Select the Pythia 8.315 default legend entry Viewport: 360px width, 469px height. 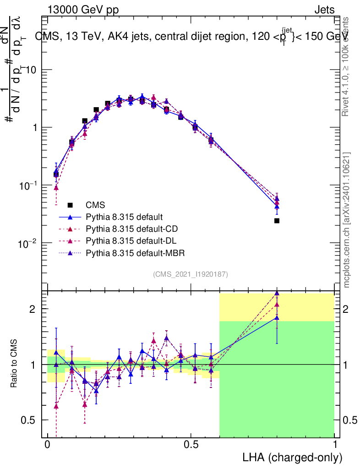125,217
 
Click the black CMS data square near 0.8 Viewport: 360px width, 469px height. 277,221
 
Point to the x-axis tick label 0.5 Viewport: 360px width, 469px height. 191,445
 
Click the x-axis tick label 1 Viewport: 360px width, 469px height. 334,445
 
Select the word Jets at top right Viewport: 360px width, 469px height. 324,10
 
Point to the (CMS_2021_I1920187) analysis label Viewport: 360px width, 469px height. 191,274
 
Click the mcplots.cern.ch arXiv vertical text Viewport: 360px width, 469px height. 347,220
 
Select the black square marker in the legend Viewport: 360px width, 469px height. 70,205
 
